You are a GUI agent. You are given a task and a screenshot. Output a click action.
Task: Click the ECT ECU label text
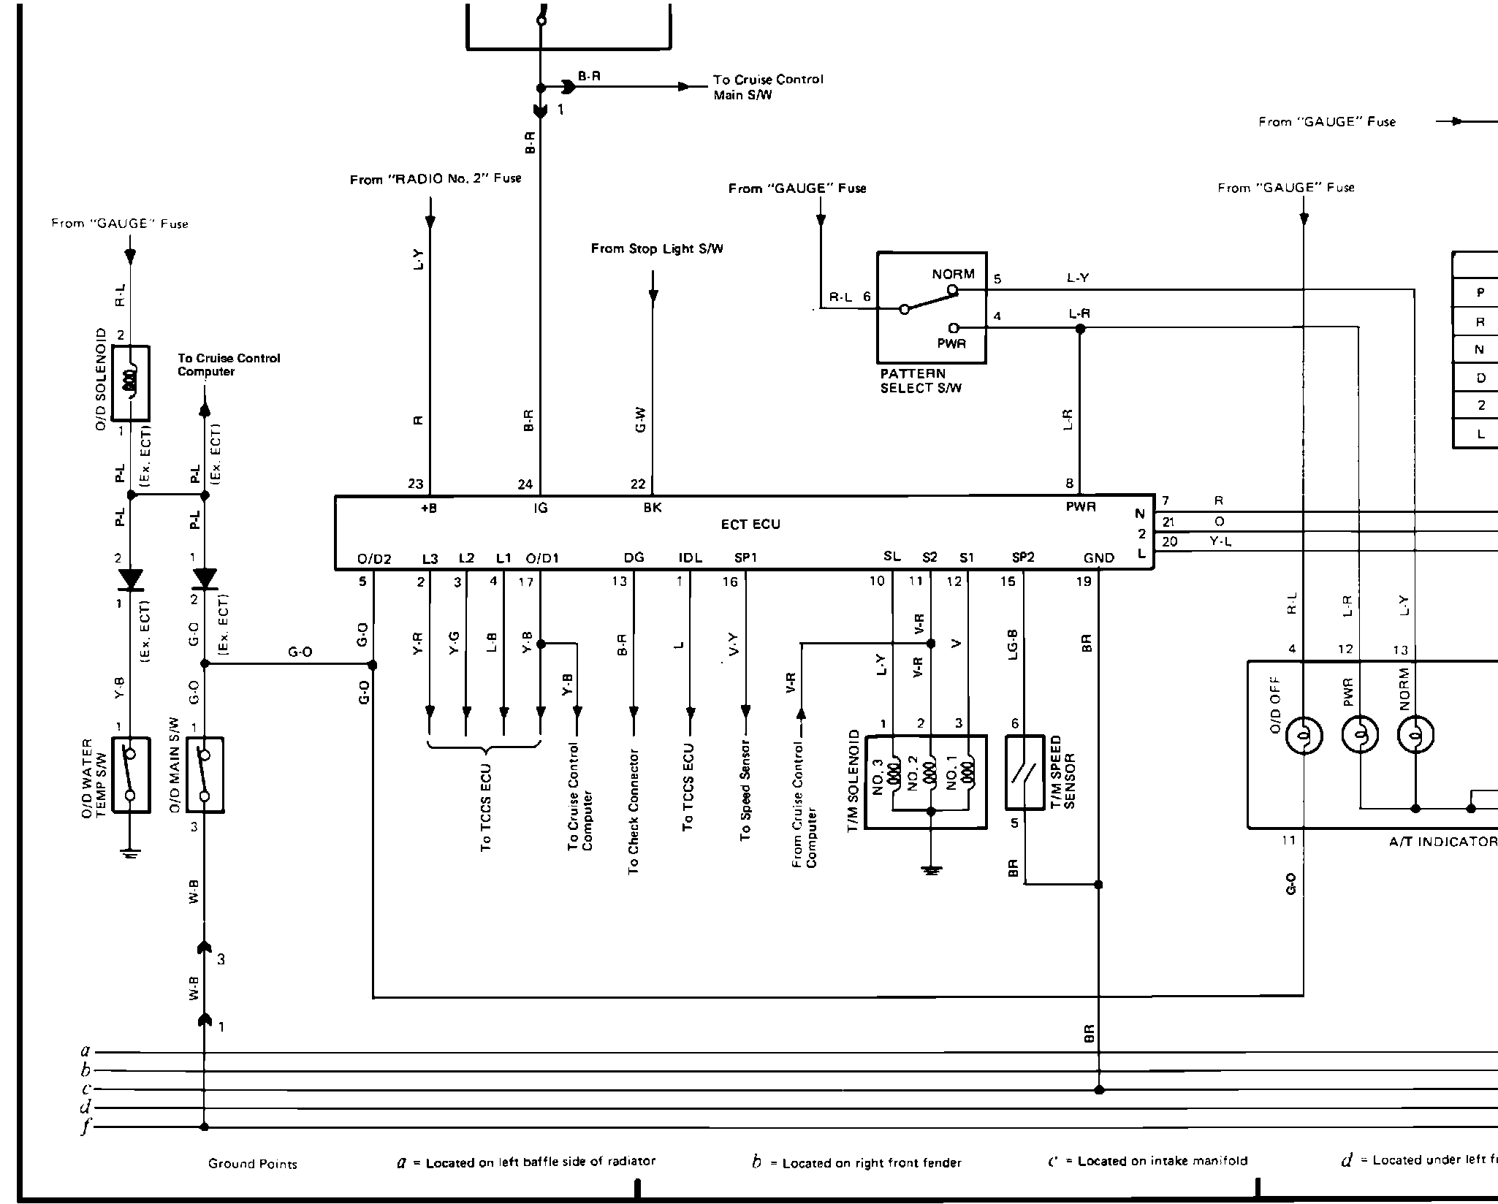(750, 525)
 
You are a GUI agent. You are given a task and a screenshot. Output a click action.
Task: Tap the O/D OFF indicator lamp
(1304, 735)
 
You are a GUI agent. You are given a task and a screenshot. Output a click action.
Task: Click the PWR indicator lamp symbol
(1360, 735)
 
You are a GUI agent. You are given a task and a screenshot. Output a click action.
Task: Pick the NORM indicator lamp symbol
(1415, 735)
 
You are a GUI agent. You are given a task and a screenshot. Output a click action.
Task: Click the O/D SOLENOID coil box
(131, 384)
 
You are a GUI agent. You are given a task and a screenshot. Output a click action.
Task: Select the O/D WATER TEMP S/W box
(131, 775)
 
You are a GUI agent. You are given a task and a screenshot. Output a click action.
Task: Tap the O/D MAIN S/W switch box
(205, 775)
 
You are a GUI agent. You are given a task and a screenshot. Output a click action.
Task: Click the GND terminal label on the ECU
(1098, 558)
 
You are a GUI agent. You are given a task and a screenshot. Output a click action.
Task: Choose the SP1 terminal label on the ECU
(745, 558)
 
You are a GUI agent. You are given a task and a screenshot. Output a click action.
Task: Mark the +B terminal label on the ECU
(429, 508)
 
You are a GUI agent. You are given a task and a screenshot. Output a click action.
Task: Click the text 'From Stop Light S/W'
(657, 249)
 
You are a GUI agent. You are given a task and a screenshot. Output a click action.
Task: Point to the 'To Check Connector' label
(634, 811)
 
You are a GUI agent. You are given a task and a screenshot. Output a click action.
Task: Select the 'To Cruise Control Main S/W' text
(768, 87)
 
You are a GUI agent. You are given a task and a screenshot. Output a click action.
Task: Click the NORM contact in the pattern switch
(953, 290)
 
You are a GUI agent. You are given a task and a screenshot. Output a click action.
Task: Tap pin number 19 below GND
(1084, 582)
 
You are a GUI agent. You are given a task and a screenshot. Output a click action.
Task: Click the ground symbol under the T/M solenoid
(930, 869)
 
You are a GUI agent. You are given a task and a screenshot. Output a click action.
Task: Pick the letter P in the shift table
(1480, 293)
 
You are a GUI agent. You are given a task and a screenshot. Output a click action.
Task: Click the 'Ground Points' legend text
(252, 1164)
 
